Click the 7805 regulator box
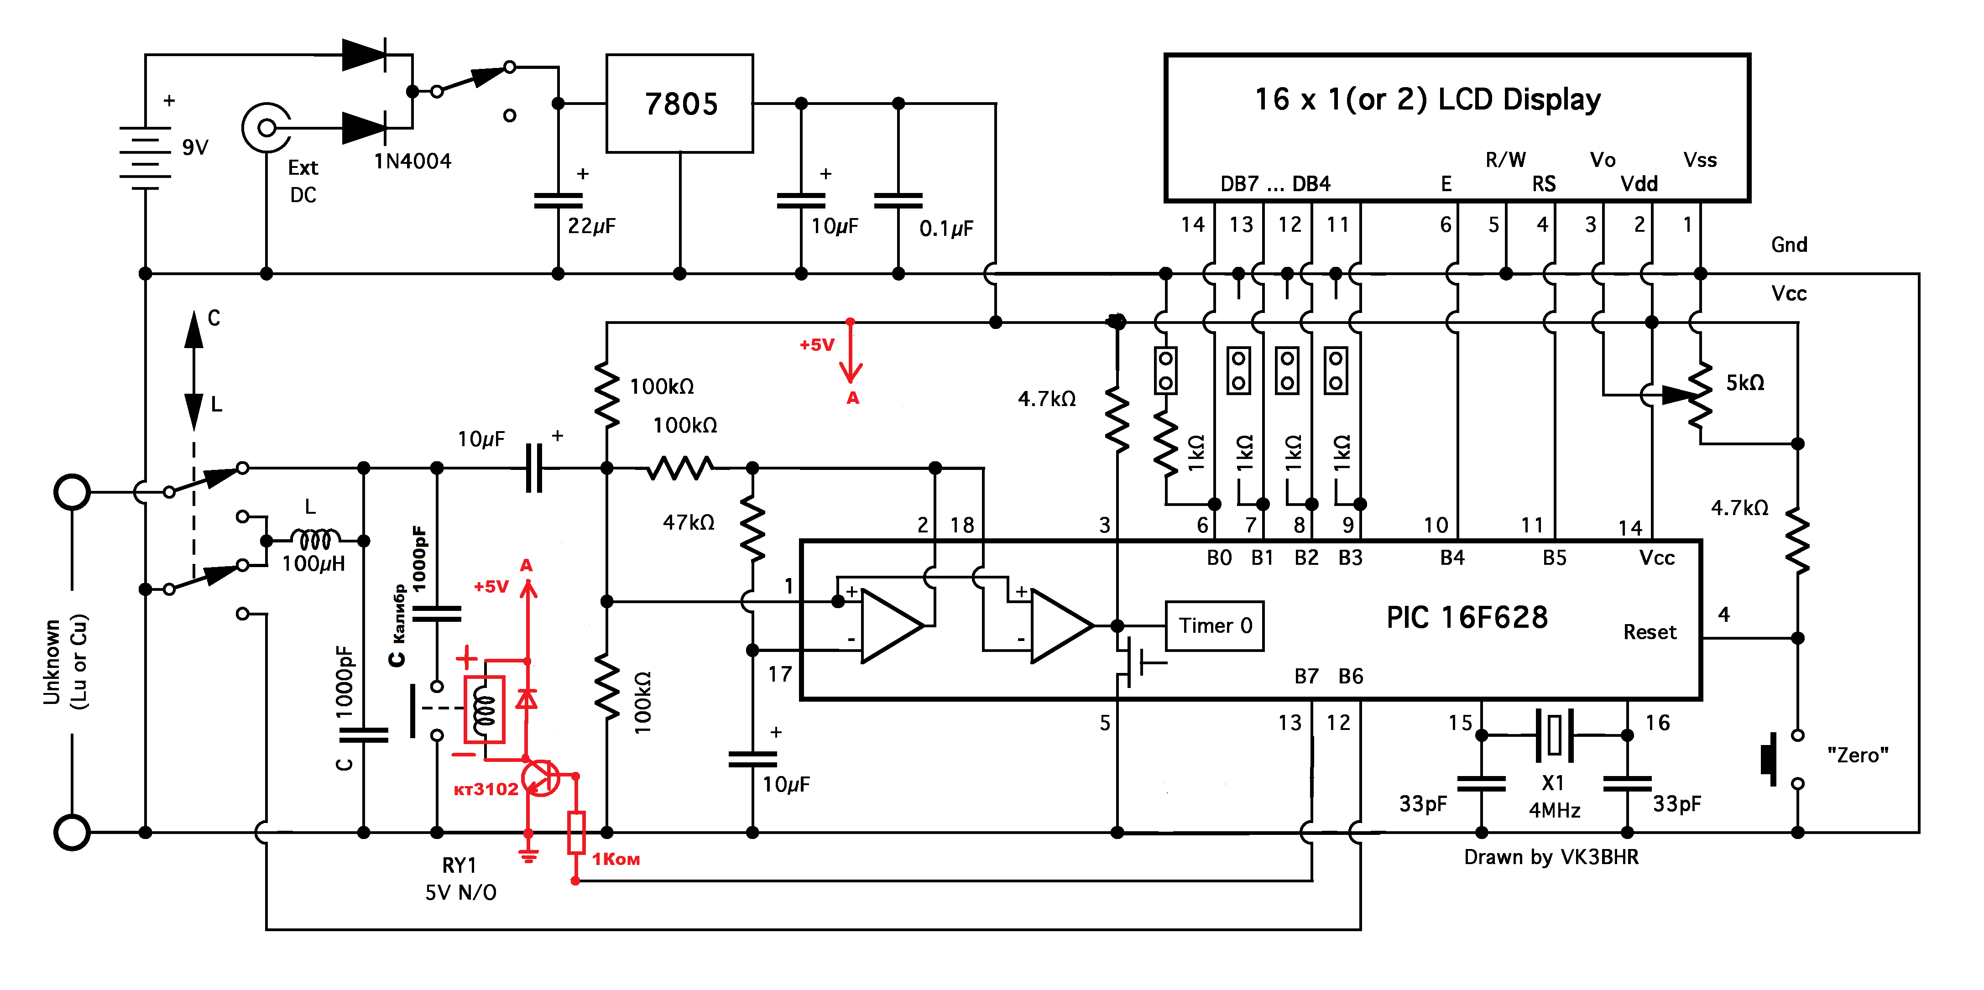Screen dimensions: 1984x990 click(x=679, y=103)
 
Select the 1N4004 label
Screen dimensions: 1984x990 click(x=413, y=161)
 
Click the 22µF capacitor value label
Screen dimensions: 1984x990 click(x=591, y=225)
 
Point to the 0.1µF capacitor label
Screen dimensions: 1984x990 click(x=946, y=228)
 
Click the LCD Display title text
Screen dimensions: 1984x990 click(x=1427, y=99)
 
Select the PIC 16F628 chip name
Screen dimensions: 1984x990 click(x=1467, y=617)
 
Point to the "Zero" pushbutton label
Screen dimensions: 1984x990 click(x=1858, y=755)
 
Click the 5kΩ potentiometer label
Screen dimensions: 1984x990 click(x=1744, y=383)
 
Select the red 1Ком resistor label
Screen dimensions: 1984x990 click(x=616, y=859)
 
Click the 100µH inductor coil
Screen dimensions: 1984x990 click(x=315, y=539)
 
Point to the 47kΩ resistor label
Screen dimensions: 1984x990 click(x=689, y=523)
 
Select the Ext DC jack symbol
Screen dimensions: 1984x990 click(x=266, y=127)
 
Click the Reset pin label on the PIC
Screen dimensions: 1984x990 click(x=1650, y=632)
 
